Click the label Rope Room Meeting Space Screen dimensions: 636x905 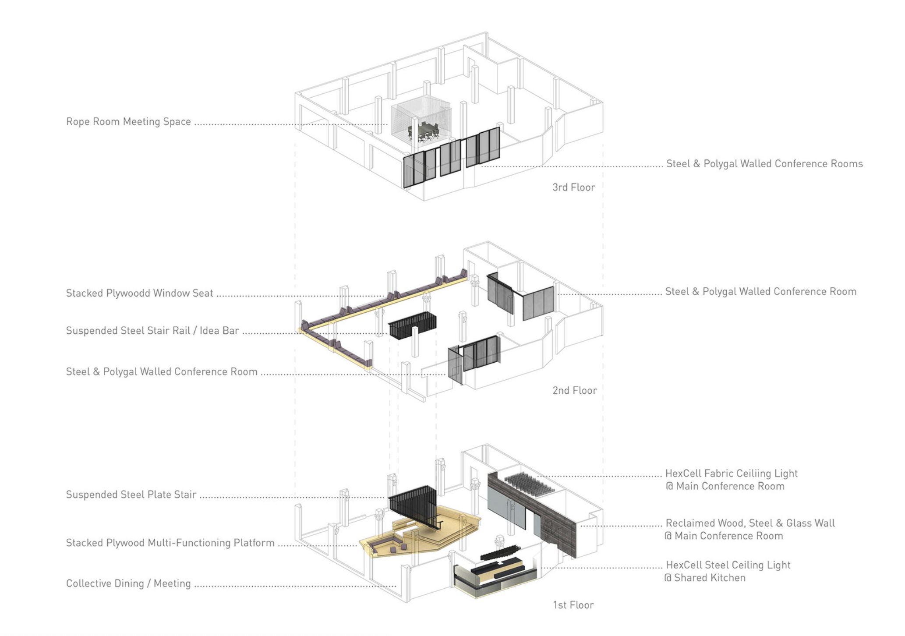pos(128,122)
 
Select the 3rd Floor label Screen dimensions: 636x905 pos(573,187)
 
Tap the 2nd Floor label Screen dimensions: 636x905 pos(574,390)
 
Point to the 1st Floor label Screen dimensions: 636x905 pos(573,605)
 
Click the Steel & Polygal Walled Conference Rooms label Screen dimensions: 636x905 pos(764,164)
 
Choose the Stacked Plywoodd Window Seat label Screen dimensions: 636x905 pos(139,293)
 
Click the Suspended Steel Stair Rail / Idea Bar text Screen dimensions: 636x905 pos(152,331)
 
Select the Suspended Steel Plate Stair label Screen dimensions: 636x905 pos(131,495)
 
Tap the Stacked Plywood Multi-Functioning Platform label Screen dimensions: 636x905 pos(170,543)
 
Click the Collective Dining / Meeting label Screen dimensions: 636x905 pos(128,583)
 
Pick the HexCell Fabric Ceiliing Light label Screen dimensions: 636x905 pos(731,473)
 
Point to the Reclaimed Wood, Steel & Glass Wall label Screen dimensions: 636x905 pos(750,523)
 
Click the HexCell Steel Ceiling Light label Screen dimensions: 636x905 pos(728,565)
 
